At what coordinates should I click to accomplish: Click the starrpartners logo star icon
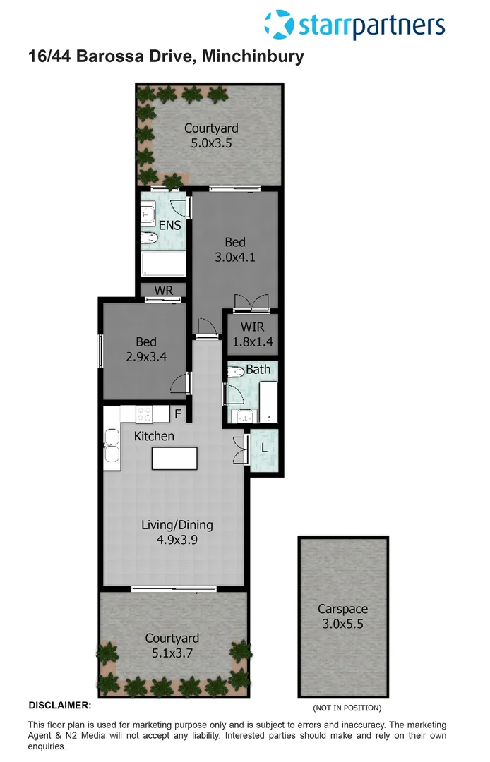point(279,25)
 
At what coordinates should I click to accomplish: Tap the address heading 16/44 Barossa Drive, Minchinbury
point(167,57)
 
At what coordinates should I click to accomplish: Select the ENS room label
point(169,226)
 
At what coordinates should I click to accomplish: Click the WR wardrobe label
point(164,290)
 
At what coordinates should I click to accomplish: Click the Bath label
point(258,369)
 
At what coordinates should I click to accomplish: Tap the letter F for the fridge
point(178,413)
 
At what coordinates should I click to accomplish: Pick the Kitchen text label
point(154,436)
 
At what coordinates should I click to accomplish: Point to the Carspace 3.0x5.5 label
point(342,616)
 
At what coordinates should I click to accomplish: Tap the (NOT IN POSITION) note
point(347,708)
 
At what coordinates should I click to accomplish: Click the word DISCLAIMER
point(59,705)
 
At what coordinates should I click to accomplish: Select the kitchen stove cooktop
point(145,414)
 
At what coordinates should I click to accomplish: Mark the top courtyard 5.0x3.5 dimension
point(211,143)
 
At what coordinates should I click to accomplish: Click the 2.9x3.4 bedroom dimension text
point(146,356)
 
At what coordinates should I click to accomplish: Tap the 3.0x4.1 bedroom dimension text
point(235,258)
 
